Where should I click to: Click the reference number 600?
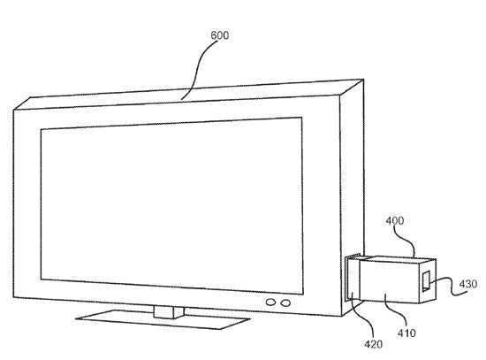point(219,35)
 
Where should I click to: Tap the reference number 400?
point(395,220)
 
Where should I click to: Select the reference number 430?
point(468,284)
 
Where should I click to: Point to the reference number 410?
point(406,333)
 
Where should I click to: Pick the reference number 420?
point(374,344)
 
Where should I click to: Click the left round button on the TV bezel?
point(271,303)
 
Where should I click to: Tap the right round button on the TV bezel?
point(285,303)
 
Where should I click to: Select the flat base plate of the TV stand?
point(163,319)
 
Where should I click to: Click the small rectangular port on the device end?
point(426,281)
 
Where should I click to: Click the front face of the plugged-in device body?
point(390,281)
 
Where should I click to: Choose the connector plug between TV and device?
point(353,278)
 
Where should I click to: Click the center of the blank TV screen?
point(171,205)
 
